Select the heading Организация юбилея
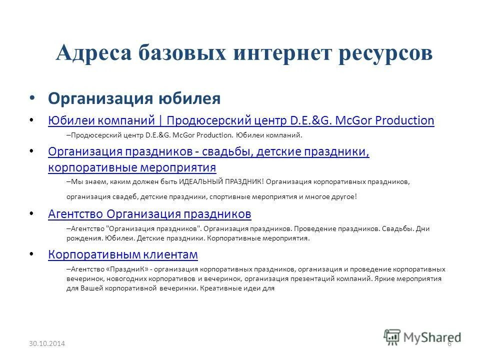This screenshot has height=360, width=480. coord(134,98)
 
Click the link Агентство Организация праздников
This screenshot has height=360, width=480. coord(149,214)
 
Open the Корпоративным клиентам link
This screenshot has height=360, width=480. coord(123,254)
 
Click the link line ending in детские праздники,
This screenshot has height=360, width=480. coord(208,151)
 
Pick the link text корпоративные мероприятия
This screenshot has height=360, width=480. coord(132,167)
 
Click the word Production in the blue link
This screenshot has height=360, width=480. coord(404,120)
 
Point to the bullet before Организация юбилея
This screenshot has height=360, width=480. coord(33,98)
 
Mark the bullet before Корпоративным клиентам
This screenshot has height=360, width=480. coord(33,254)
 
